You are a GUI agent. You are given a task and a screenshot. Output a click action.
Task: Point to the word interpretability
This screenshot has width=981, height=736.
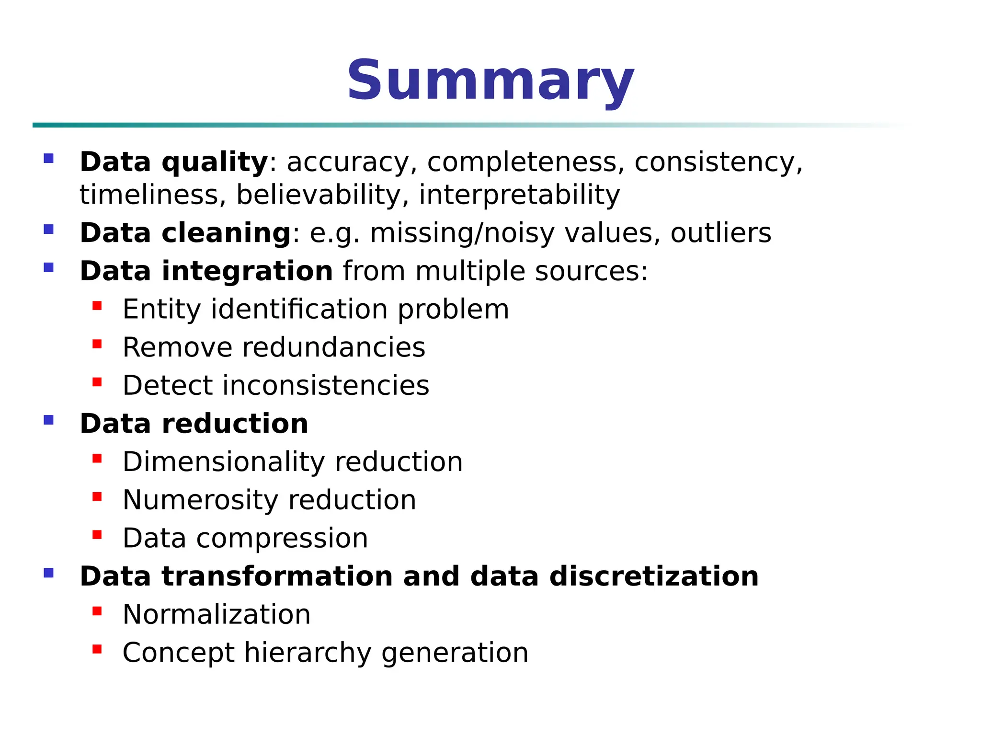point(519,195)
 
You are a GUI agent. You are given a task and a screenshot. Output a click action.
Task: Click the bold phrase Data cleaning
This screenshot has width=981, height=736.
point(185,233)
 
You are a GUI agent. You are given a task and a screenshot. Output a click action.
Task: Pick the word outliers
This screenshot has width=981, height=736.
point(720,233)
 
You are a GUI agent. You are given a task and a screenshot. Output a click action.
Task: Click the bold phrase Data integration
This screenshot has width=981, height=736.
point(206,271)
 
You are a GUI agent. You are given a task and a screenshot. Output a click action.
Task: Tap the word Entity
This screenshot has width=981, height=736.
point(161,309)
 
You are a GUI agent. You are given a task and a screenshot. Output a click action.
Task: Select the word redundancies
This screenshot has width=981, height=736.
point(333,347)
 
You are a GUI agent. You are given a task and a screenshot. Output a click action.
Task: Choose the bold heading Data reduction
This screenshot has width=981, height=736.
point(194,424)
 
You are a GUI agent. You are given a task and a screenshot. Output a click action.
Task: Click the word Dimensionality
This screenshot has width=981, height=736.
point(223,461)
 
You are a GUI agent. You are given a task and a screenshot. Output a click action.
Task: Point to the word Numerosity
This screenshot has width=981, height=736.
point(200,500)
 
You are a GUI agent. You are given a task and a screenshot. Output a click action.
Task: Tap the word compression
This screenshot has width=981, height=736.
point(282,538)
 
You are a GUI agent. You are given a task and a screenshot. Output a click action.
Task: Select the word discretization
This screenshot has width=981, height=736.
point(654,576)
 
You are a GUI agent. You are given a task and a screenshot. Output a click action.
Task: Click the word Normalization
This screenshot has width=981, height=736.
point(217,614)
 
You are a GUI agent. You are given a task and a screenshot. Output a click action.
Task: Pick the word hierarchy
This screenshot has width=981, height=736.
point(307,653)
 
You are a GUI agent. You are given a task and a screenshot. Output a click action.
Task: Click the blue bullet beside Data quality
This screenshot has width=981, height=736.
point(48,158)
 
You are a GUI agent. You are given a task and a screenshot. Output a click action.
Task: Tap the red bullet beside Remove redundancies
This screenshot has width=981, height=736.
point(97,344)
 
